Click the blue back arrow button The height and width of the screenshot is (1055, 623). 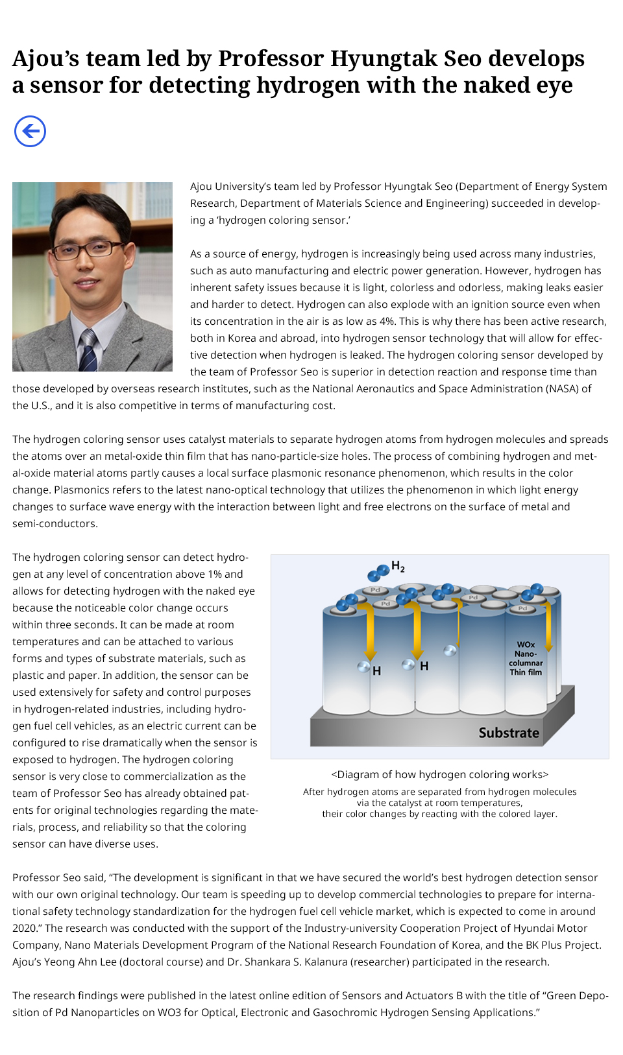point(30,132)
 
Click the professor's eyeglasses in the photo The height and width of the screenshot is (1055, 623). point(89,249)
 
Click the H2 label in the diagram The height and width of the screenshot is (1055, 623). point(398,567)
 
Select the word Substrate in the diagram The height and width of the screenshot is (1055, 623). point(509,733)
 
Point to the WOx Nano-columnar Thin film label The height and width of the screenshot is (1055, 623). point(526,658)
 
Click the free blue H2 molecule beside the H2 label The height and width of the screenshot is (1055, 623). point(378,572)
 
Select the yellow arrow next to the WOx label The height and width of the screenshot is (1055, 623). point(549,626)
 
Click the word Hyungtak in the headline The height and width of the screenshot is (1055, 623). point(384,58)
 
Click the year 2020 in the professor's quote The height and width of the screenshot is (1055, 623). point(25,928)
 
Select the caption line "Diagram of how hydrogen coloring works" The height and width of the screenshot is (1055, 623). point(440,774)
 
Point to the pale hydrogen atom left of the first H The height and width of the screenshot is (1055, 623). point(364,666)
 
